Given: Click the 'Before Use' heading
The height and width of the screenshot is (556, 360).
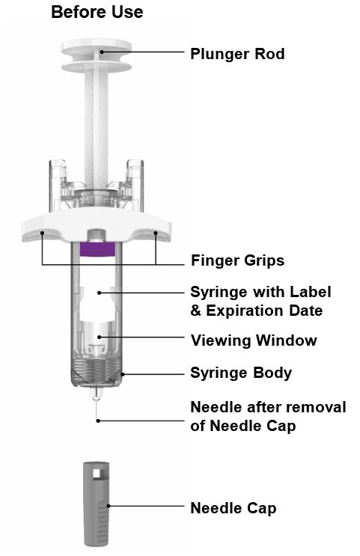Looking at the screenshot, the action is (x=97, y=12).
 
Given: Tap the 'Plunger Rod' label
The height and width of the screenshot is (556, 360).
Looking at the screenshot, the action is (x=237, y=54).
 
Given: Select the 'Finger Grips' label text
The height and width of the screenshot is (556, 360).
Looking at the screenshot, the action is (x=238, y=260).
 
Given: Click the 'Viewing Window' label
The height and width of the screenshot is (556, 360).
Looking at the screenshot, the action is (x=254, y=340).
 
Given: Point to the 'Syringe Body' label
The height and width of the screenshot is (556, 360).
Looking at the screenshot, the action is (x=241, y=373).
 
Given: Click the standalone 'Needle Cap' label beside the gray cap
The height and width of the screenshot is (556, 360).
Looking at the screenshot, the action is (x=234, y=508).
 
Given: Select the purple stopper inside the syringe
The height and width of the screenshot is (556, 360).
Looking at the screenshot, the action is (x=97, y=249).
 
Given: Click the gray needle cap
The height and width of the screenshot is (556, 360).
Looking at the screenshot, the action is (x=96, y=504).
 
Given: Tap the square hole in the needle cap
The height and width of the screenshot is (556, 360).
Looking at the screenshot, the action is (x=97, y=473).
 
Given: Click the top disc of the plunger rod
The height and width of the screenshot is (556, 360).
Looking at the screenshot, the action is (x=97, y=46).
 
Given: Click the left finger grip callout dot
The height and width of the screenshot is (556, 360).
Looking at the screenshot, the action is (x=42, y=233).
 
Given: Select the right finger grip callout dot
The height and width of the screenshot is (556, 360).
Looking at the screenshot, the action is (x=156, y=233).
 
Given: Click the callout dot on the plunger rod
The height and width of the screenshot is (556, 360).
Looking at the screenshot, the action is (x=102, y=52).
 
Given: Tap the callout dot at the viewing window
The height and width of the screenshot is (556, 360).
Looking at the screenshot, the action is (x=100, y=337).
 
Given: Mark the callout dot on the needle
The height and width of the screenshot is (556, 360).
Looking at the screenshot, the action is (x=98, y=421).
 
